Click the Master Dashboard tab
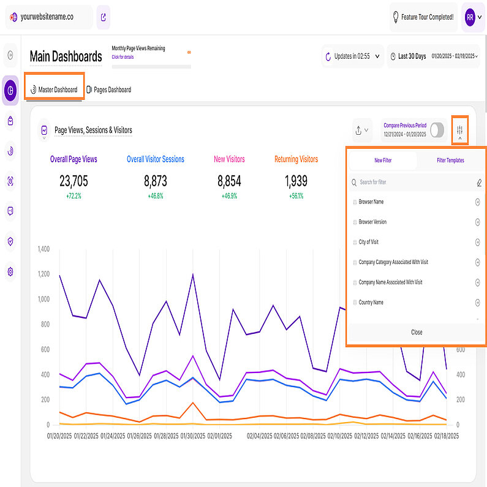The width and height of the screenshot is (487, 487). [x=55, y=89]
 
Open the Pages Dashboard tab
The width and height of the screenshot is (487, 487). [x=108, y=89]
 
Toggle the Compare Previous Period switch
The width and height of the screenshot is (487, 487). [x=437, y=130]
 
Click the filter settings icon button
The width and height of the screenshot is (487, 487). [x=459, y=130]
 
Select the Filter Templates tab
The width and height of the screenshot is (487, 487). [x=450, y=160]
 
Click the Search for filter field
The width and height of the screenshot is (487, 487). [x=410, y=182]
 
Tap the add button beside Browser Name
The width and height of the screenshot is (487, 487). [x=477, y=202]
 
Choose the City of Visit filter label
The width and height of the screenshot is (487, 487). [x=369, y=242]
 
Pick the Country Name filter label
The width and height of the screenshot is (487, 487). [x=371, y=302]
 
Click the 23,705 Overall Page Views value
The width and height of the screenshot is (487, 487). [x=74, y=181]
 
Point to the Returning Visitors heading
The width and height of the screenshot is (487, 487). [x=296, y=159]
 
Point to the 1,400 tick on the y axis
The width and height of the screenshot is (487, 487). [x=43, y=249]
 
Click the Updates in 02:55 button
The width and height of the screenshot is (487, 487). [x=352, y=56]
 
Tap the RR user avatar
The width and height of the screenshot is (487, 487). [x=470, y=17]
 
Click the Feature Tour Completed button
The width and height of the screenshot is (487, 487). [x=423, y=17]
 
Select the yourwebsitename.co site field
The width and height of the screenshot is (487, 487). [x=49, y=17]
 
